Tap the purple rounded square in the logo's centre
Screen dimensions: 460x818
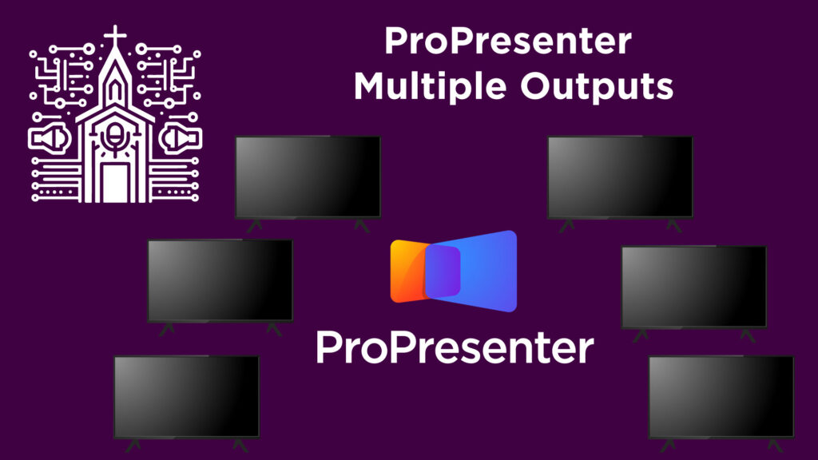click(443, 271)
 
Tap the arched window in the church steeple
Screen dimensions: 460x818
click(116, 89)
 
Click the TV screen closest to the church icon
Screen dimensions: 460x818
click(308, 176)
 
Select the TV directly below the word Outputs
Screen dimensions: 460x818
click(620, 176)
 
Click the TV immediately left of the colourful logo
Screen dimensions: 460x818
click(220, 280)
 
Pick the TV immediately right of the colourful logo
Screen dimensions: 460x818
click(693, 286)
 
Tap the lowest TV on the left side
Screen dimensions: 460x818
click(186, 396)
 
